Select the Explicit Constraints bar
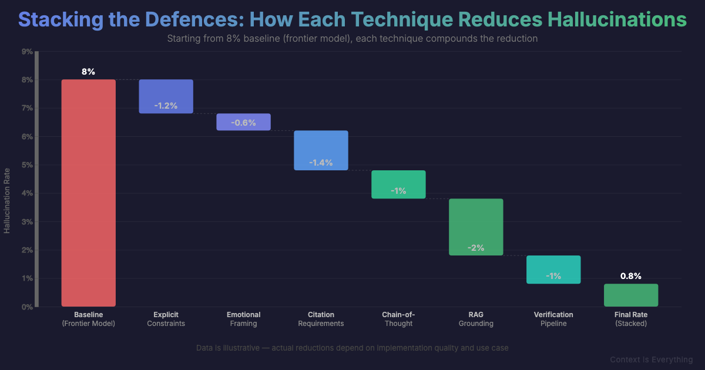pyautogui.click(x=166, y=96)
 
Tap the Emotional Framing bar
pyautogui.click(x=243, y=122)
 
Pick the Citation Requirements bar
pyautogui.click(x=321, y=150)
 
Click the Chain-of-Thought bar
pyautogui.click(x=398, y=184)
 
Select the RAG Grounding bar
pyautogui.click(x=476, y=227)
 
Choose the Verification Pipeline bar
pyautogui.click(x=553, y=270)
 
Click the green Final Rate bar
pyautogui.click(x=631, y=295)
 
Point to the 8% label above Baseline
pyautogui.click(x=88, y=72)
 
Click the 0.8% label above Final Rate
pyautogui.click(x=631, y=276)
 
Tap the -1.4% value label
pyautogui.click(x=321, y=162)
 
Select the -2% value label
pyautogui.click(x=476, y=248)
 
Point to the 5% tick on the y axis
pyautogui.click(x=26, y=165)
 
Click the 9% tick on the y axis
pyautogui.click(x=26, y=52)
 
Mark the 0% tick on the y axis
pyautogui.click(x=26, y=307)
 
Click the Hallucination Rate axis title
pyautogui.click(x=7, y=200)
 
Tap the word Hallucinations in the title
pyautogui.click(x=617, y=19)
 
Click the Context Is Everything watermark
pyautogui.click(x=651, y=359)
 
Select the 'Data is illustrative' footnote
pyautogui.click(x=352, y=348)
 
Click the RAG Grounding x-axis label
pyautogui.click(x=476, y=319)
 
